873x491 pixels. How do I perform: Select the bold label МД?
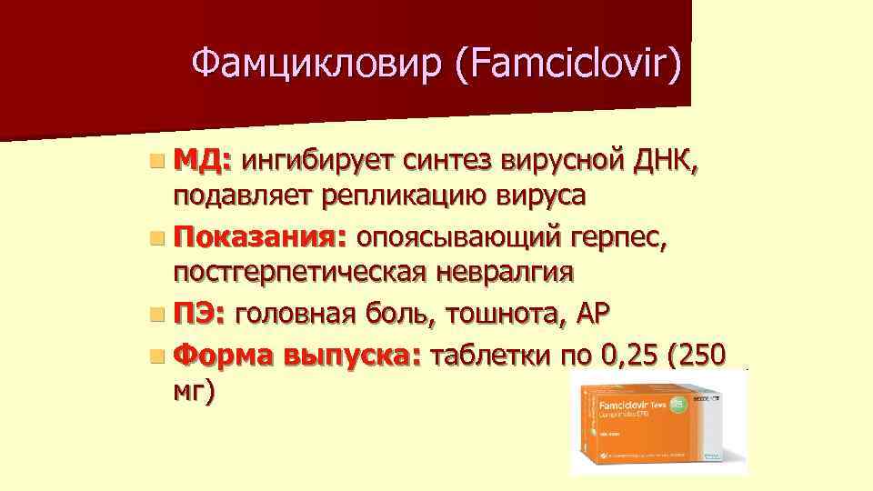[205, 162]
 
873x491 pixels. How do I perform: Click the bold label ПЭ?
[201, 315]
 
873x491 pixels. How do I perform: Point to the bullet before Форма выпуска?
[158, 355]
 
